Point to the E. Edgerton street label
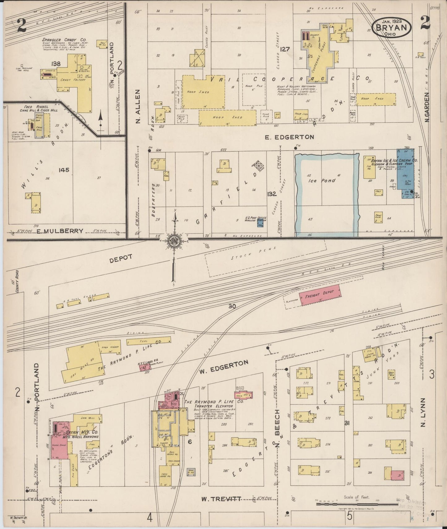tap(290, 137)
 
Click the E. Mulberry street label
tap(60, 231)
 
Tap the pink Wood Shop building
tap(60, 445)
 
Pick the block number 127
tap(285, 49)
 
